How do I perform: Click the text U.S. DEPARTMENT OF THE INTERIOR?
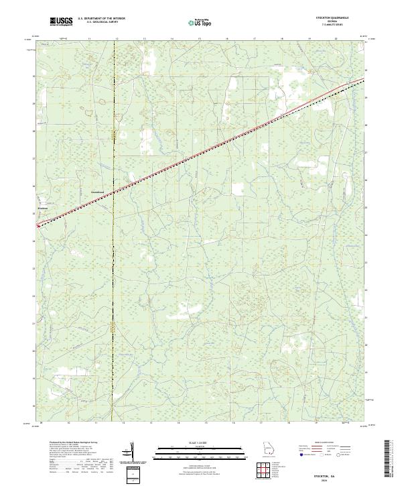pyautogui.click(x=101, y=19)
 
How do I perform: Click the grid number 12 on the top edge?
pyautogui.click(x=117, y=39)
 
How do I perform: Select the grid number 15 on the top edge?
pyautogui.click(x=200, y=39)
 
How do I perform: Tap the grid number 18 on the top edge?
pyautogui.click(x=283, y=39)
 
